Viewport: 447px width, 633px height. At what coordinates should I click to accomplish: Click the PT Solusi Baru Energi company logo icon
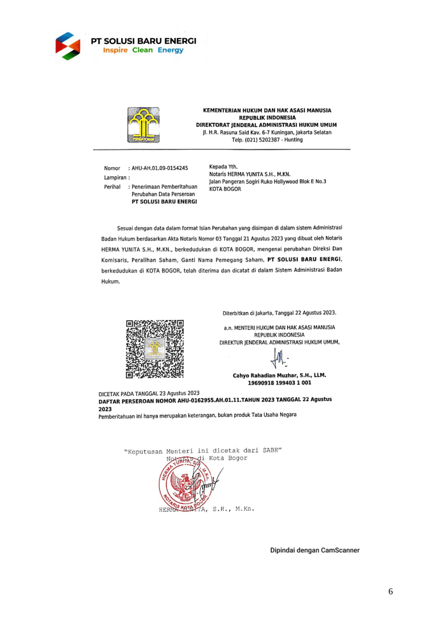(x=68, y=46)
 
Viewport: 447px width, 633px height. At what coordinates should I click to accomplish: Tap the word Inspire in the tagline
(x=115, y=50)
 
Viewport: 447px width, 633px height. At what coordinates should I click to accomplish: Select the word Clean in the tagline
(x=142, y=50)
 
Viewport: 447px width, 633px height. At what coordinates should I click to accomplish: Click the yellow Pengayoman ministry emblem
(x=143, y=125)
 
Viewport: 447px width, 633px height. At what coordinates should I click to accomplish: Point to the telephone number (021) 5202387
(x=262, y=140)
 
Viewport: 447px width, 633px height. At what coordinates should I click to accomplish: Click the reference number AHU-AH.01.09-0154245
(x=160, y=168)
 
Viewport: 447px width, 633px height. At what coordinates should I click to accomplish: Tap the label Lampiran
(x=115, y=177)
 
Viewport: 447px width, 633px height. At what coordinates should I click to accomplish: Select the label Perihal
(x=112, y=187)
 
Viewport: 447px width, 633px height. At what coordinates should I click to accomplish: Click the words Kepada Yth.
(x=223, y=167)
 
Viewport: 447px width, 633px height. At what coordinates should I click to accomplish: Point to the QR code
(x=155, y=349)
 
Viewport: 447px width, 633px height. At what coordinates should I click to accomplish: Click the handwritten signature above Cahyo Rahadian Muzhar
(x=279, y=358)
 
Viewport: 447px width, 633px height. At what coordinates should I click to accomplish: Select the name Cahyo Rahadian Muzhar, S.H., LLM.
(x=279, y=375)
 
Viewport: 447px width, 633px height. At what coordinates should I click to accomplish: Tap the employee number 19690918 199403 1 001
(x=279, y=383)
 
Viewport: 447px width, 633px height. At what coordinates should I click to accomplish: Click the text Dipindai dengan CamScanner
(x=315, y=550)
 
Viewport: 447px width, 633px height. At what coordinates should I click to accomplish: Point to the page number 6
(x=390, y=592)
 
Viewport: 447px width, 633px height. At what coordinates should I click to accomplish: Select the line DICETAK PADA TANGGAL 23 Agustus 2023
(x=149, y=394)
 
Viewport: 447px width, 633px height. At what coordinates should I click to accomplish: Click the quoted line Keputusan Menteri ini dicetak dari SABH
(x=203, y=451)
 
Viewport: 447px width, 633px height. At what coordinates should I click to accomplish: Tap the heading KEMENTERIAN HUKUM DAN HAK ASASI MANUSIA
(x=267, y=111)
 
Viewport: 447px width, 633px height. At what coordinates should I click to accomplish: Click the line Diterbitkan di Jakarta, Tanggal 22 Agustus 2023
(x=279, y=313)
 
